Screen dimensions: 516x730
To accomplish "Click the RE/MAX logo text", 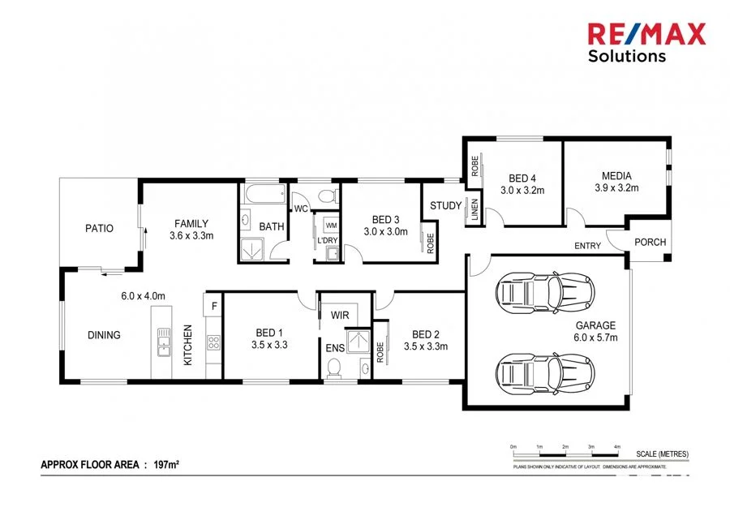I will tap(646, 34).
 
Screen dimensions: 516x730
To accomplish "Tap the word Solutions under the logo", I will tap(627, 56).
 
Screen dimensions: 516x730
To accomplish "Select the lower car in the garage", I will tap(544, 372).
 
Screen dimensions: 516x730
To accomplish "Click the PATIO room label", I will tap(99, 228).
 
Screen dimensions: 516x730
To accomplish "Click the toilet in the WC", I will tap(328, 195).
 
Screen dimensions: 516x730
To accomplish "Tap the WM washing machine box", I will tap(331, 225).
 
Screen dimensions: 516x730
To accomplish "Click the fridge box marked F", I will tap(213, 306).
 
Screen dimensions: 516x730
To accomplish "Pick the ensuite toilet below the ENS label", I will tap(333, 369).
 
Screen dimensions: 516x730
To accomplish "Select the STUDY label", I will tap(445, 205).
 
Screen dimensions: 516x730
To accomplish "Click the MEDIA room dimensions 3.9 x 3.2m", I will tap(616, 188).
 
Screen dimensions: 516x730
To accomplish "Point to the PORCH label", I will tap(650, 241).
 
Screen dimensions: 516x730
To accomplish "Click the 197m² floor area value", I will tap(166, 465).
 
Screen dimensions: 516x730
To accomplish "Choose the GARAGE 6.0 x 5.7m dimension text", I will tap(596, 337).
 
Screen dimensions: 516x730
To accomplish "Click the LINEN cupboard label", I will tap(474, 213).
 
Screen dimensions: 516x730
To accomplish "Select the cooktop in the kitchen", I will tap(213, 343).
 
